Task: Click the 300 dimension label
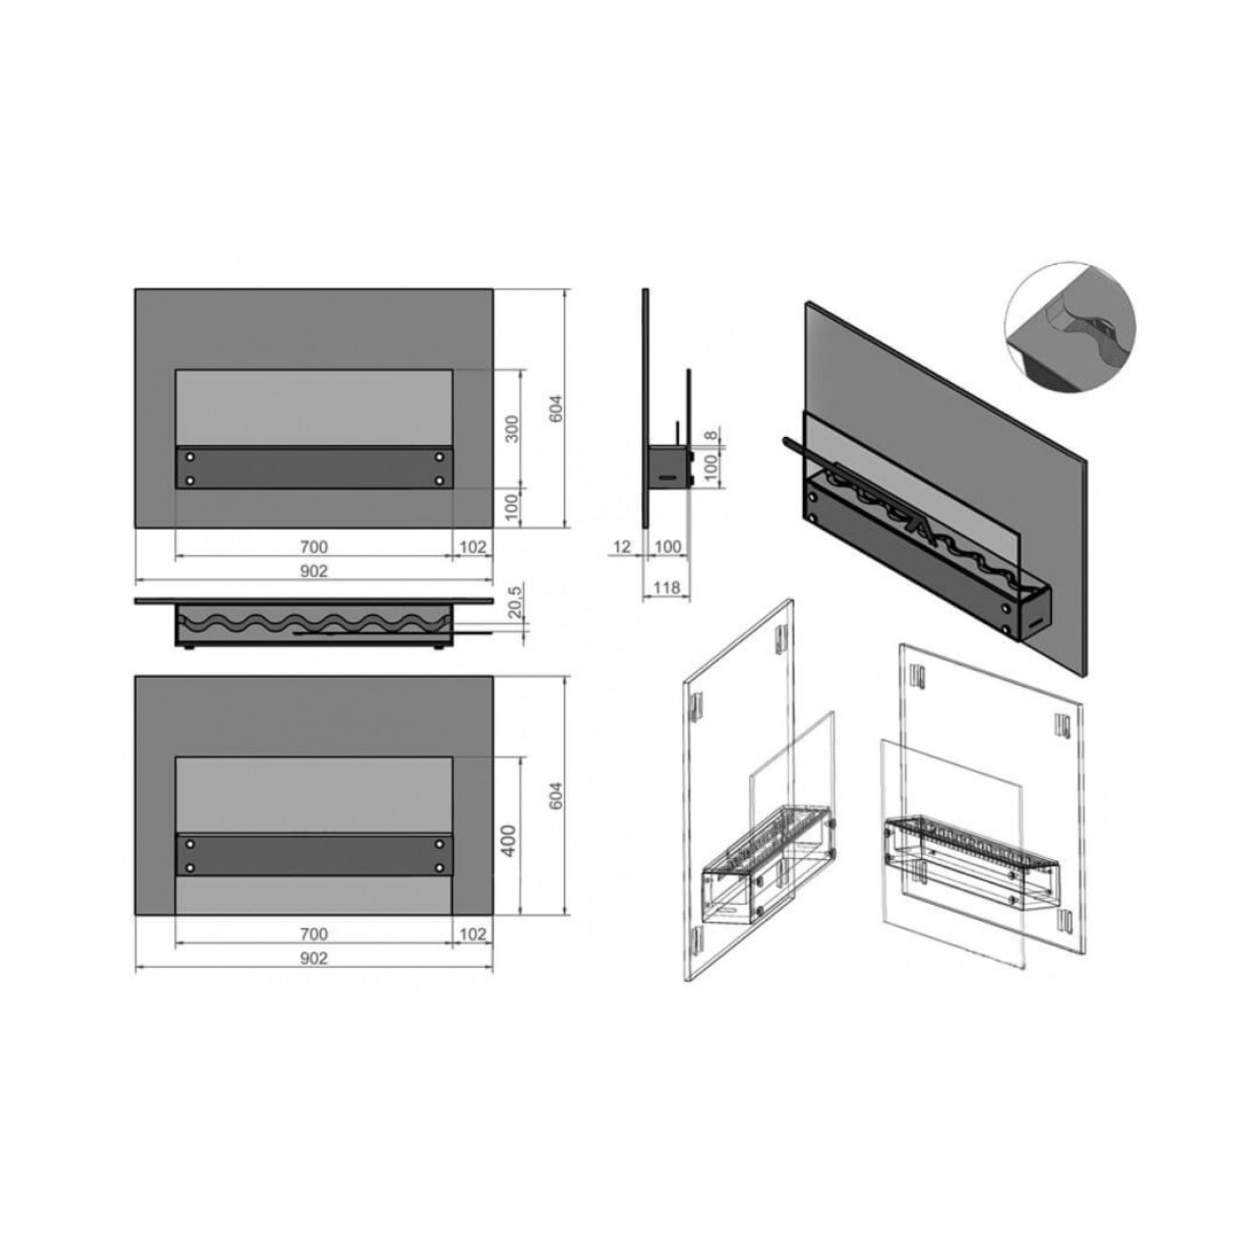513,428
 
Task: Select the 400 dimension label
511,840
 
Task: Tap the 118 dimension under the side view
666,587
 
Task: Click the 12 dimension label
623,547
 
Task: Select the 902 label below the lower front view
314,958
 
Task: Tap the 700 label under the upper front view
314,547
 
